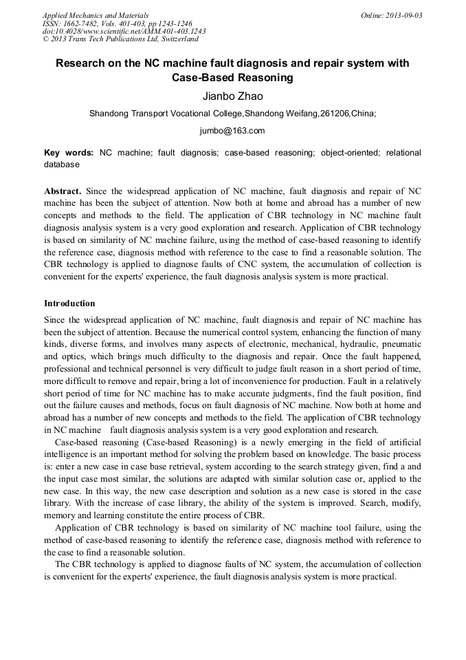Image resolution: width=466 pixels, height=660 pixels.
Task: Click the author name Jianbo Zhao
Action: (x=232, y=96)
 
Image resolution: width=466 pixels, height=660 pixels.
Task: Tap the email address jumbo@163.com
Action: (x=232, y=131)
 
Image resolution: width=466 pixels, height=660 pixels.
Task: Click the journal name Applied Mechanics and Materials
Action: (x=96, y=15)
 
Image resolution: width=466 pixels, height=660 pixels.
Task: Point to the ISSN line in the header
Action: (x=118, y=23)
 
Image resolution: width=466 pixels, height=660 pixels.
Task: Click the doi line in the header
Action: (x=124, y=31)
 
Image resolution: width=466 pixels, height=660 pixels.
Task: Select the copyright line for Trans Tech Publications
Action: (x=121, y=39)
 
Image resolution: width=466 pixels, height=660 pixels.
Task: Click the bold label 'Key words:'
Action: (x=69, y=153)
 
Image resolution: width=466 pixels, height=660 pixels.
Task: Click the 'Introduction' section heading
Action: (x=69, y=304)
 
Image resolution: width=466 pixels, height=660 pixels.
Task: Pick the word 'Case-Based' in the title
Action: (x=200, y=78)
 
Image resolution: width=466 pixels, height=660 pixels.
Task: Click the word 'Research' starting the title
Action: (x=80, y=63)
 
